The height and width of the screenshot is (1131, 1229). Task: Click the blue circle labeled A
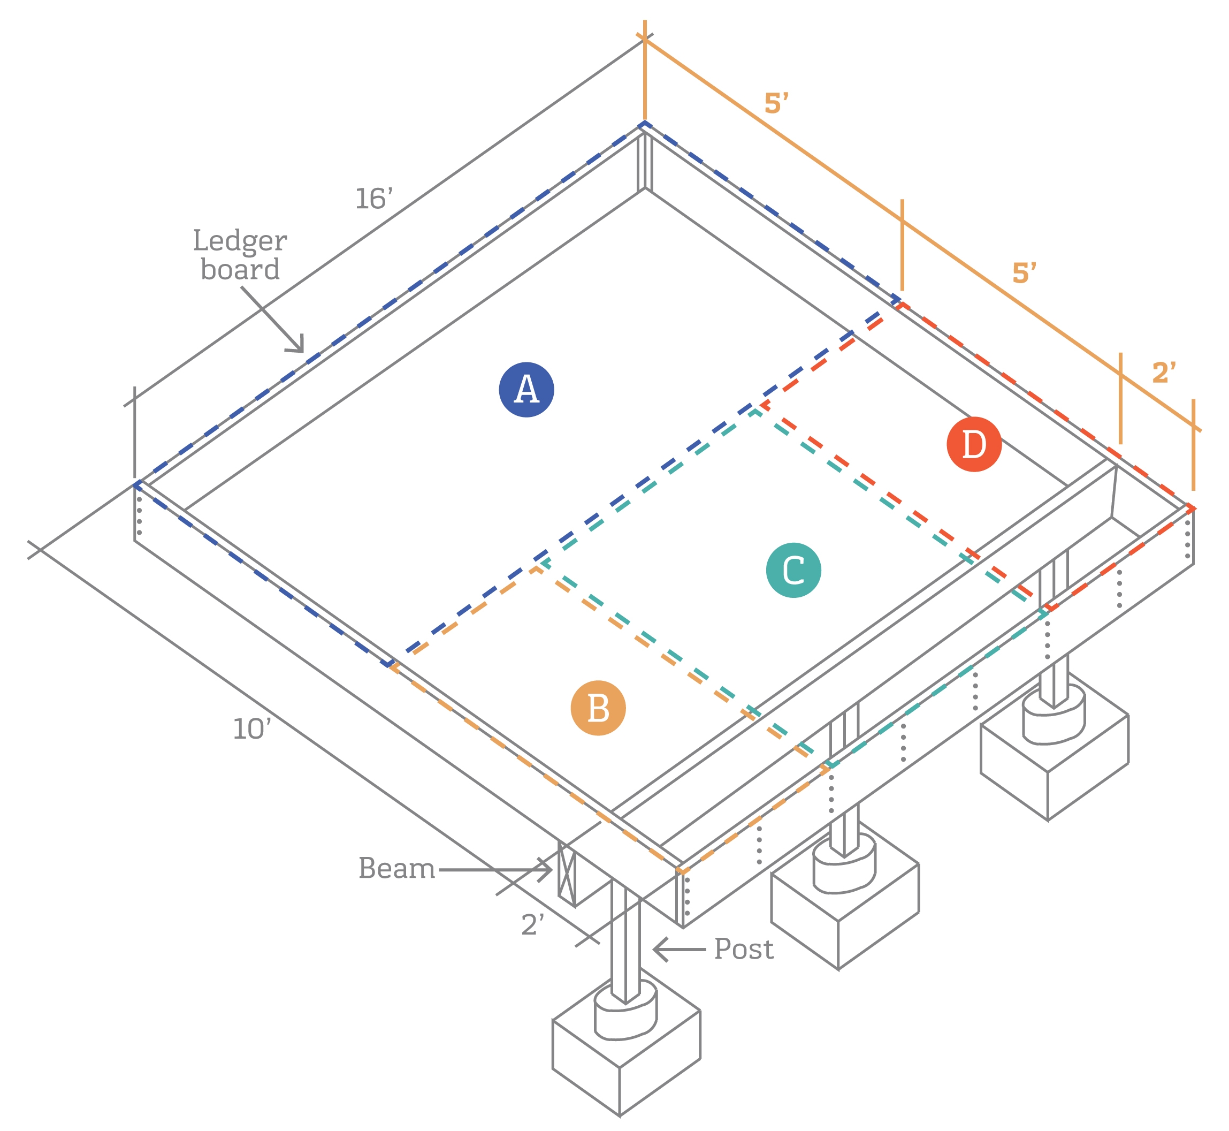[526, 390]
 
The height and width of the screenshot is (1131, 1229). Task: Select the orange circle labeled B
[598, 708]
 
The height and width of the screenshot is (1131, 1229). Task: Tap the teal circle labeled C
[793, 570]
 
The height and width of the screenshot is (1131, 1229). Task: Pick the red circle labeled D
[973, 444]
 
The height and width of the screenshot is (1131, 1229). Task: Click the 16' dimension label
[374, 199]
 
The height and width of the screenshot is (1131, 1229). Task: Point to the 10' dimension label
[251, 729]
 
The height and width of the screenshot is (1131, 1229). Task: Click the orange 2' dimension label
[1164, 373]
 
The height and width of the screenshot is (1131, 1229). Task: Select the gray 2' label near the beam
[532, 924]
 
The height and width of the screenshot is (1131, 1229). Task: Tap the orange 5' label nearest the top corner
[776, 103]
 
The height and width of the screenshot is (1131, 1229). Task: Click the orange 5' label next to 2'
[1024, 272]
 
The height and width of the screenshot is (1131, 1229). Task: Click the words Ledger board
[240, 255]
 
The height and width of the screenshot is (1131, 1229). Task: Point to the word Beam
[396, 868]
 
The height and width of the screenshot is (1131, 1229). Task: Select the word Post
[743, 949]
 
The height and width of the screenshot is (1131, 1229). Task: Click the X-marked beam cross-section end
[567, 874]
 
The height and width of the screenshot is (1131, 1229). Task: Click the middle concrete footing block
[844, 912]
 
